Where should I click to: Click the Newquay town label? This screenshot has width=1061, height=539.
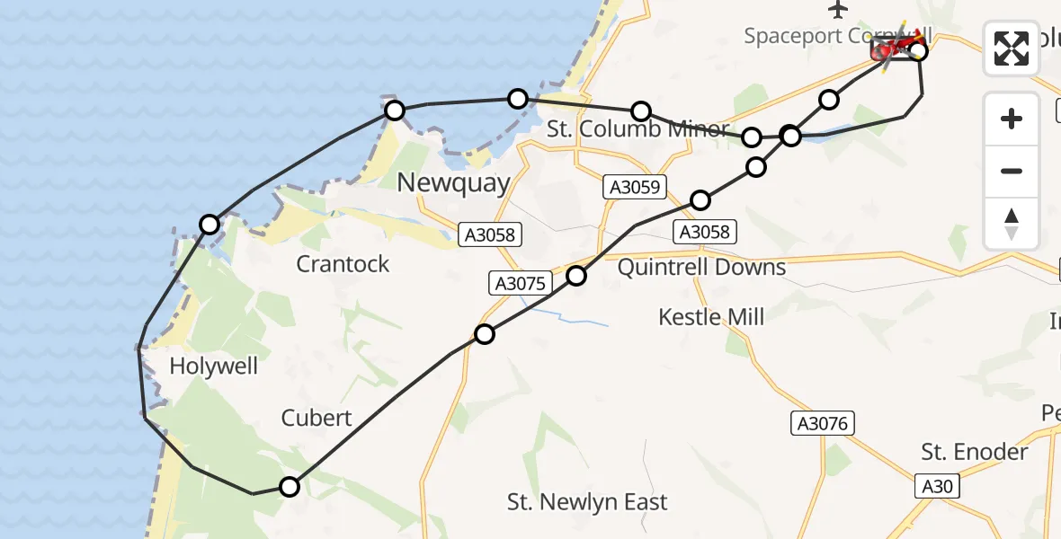click(453, 183)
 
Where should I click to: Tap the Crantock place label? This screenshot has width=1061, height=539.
click(343, 264)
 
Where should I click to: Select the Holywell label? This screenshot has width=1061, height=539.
click(213, 367)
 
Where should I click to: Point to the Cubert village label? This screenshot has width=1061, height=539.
click(317, 418)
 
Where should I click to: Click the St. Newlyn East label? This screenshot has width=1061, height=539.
click(587, 502)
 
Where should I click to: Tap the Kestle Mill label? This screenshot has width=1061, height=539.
click(711, 316)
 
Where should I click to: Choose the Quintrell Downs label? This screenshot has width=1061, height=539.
click(701, 268)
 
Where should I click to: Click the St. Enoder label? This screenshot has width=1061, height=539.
click(975, 452)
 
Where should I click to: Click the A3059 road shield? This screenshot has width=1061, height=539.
click(635, 188)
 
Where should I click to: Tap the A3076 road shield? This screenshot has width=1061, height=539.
click(822, 423)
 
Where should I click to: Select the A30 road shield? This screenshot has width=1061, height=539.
click(936, 487)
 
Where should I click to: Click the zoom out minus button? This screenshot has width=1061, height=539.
click(1012, 171)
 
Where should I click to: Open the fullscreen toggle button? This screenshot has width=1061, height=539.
click(1012, 49)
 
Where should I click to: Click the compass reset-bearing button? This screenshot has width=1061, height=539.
click(1012, 223)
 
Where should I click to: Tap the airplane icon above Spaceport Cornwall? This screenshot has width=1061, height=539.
click(839, 10)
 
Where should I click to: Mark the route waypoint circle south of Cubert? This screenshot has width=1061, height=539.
click(290, 487)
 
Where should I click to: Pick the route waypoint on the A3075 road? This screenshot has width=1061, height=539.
click(485, 334)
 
